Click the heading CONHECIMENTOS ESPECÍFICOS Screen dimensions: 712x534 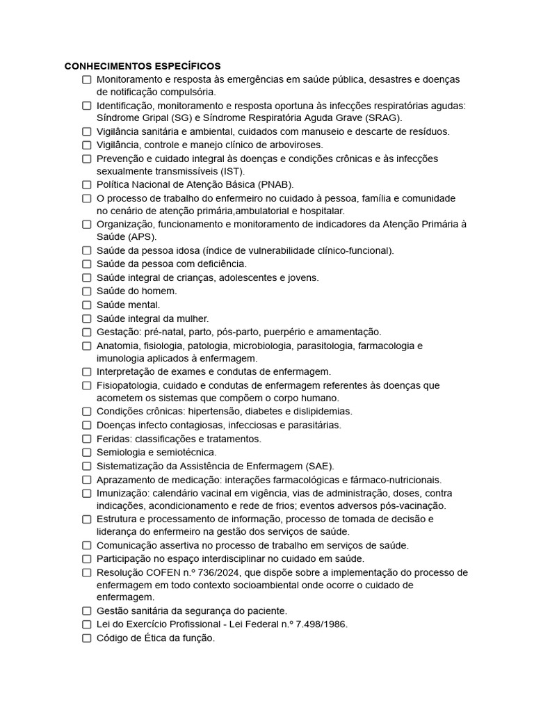(143, 66)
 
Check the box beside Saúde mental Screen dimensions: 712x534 (87, 305)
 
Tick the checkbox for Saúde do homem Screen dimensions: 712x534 (87, 291)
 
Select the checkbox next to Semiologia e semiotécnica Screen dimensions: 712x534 (87, 453)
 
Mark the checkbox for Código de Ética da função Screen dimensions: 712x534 (87, 638)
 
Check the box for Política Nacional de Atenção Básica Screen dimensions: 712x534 (87, 185)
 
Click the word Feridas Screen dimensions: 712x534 (112, 439)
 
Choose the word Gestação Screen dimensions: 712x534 (117, 332)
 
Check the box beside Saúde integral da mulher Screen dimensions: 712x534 (87, 318)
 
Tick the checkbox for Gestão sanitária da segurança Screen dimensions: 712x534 (87, 611)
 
